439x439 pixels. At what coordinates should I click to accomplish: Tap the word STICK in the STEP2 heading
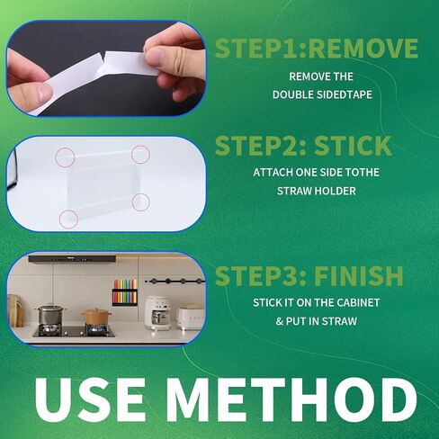(353, 146)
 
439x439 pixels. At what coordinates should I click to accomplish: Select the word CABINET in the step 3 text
(358, 302)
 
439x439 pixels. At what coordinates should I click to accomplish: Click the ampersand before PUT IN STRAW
(279, 321)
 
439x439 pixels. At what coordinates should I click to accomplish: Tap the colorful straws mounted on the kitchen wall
(125, 292)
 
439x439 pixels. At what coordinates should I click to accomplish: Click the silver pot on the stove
(50, 315)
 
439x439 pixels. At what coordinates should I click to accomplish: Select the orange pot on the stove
(96, 317)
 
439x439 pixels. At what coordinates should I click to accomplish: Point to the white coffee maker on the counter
(157, 312)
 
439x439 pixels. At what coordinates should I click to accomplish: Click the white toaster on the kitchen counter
(190, 317)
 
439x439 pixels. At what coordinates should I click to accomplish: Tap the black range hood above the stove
(72, 259)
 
